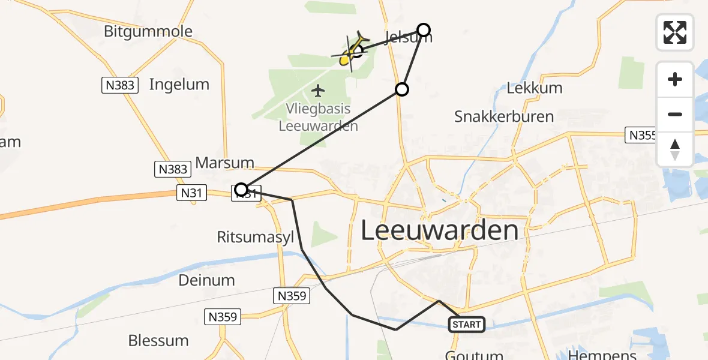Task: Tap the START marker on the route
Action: [467, 325]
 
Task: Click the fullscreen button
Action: [675, 32]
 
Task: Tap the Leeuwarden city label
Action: [439, 230]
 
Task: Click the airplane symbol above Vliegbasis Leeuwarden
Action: [318, 91]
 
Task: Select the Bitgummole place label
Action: [148, 31]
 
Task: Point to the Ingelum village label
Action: [179, 85]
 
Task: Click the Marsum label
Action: [225, 163]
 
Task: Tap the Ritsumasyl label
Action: [256, 238]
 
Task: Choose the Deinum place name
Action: [206, 280]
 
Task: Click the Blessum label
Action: [158, 340]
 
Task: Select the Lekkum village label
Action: [535, 88]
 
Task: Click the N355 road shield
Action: [641, 135]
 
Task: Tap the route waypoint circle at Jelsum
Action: [424, 30]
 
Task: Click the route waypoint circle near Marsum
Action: [241, 190]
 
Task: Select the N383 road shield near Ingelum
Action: [119, 86]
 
